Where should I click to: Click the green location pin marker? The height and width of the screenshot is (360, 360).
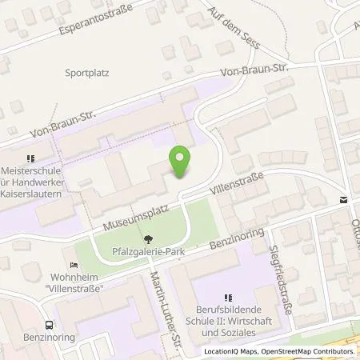[x=182, y=162]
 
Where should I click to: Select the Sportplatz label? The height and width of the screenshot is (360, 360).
[x=87, y=71]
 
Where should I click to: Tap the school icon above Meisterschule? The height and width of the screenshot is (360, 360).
[x=32, y=158]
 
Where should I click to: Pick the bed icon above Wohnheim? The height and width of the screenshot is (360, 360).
[x=74, y=265]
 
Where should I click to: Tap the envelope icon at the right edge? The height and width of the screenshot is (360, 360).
[x=342, y=200]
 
